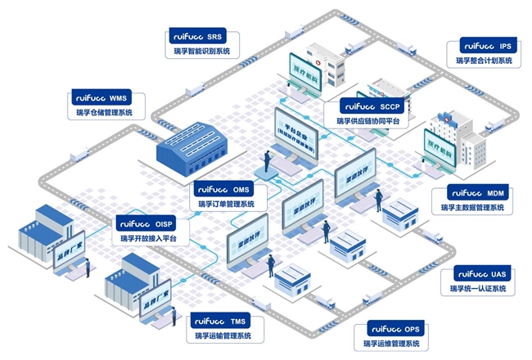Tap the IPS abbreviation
coord(505,47)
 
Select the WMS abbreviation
coord(119,97)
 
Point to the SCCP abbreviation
coord(394,106)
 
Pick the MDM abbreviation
coord(495,193)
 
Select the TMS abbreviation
coord(238,322)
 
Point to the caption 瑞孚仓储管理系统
coord(104,112)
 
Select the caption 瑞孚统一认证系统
coord(477,289)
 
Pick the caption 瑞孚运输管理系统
coord(223,335)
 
